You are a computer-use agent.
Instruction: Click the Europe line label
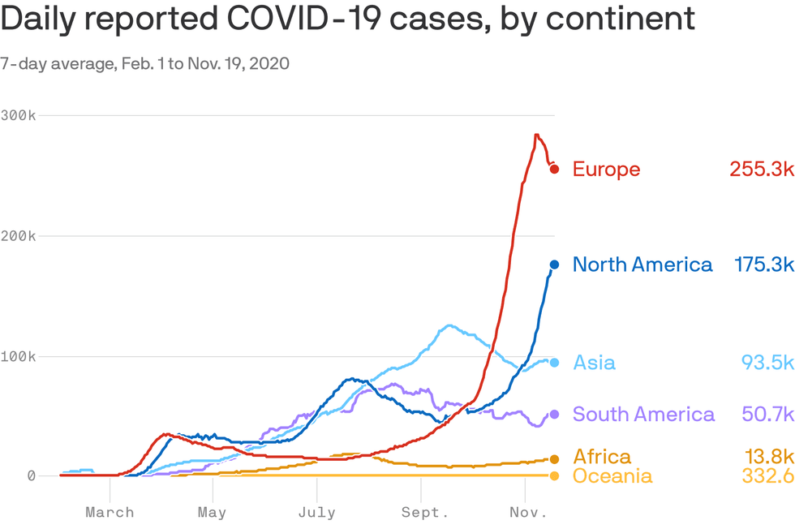(x=606, y=170)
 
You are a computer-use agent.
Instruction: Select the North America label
(x=642, y=264)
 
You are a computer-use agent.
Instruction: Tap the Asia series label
(x=594, y=363)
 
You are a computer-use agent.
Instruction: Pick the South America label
(x=643, y=415)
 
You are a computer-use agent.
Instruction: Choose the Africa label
(x=601, y=457)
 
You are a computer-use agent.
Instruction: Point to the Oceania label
(x=612, y=475)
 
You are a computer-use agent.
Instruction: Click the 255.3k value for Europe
(x=760, y=170)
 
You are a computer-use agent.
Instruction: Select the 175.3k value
(x=763, y=264)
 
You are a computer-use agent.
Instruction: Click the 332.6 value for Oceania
(x=767, y=475)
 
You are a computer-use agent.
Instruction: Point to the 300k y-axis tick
(x=18, y=115)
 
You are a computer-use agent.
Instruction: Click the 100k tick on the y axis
(x=18, y=356)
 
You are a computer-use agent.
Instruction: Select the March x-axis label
(x=110, y=513)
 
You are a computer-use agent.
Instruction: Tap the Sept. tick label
(x=423, y=513)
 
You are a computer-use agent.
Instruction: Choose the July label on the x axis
(x=316, y=513)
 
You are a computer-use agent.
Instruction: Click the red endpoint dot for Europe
(x=554, y=169)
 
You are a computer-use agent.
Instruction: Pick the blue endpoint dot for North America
(x=554, y=264)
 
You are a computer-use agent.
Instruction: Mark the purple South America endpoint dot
(x=554, y=415)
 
